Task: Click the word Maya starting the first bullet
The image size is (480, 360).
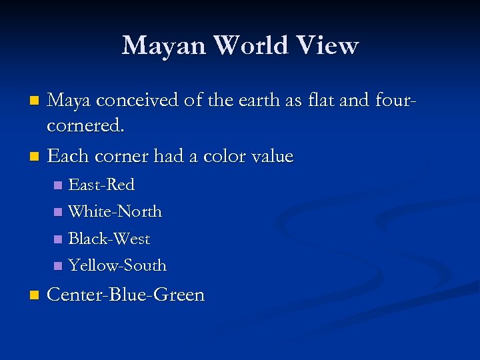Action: tap(70, 101)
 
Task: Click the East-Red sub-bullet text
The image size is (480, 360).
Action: tap(101, 185)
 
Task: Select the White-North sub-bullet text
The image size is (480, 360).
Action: tap(115, 211)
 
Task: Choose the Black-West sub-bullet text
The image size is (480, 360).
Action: tap(109, 239)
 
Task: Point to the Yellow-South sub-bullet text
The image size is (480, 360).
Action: tap(117, 265)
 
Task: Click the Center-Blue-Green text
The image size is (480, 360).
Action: tap(126, 295)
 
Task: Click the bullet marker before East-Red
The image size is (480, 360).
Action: tap(57, 185)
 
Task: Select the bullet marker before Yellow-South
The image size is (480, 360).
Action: tap(57, 266)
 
